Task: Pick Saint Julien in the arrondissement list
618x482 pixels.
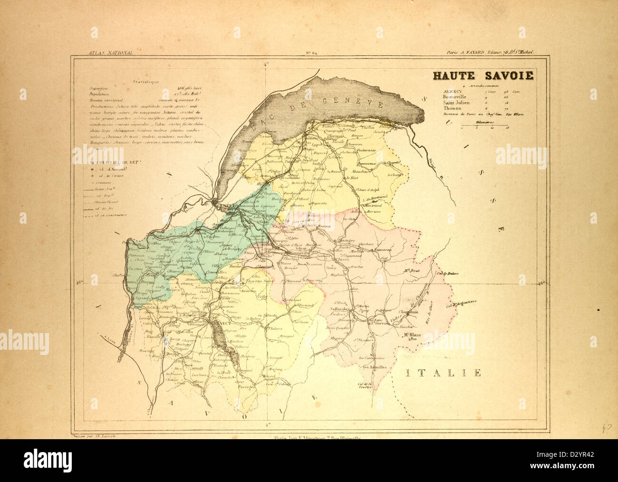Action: pos(456,102)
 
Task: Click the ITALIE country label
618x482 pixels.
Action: pos(444,373)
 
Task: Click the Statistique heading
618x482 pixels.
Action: pos(146,82)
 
